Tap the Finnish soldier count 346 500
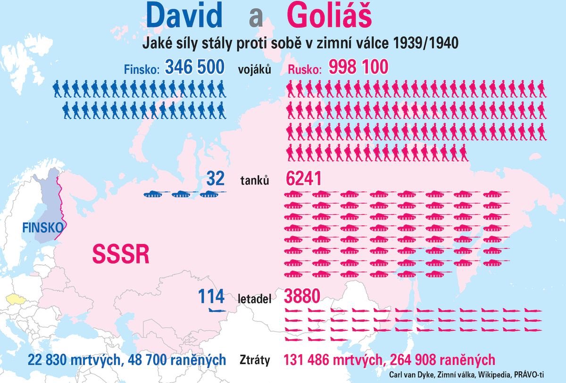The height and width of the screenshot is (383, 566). (194, 67)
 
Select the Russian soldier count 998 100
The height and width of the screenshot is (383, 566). (358, 67)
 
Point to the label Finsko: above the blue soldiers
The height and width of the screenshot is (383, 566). (142, 69)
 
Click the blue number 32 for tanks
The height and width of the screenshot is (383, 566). (215, 179)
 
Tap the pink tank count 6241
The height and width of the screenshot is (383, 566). (304, 179)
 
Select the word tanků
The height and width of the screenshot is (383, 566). (255, 180)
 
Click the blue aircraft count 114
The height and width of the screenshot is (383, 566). (211, 297)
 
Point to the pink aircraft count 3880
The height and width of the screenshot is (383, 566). (302, 296)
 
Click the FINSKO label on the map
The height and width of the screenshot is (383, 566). (42, 228)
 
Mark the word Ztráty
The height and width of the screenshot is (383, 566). (255, 361)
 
